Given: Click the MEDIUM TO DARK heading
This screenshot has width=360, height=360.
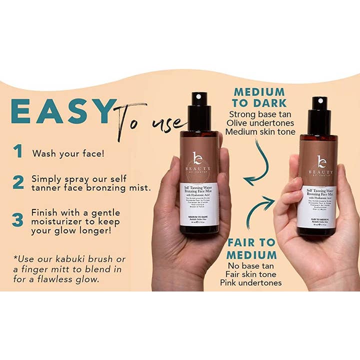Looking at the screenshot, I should (x=259, y=97).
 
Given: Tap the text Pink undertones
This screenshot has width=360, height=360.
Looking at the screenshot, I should (x=251, y=282).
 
